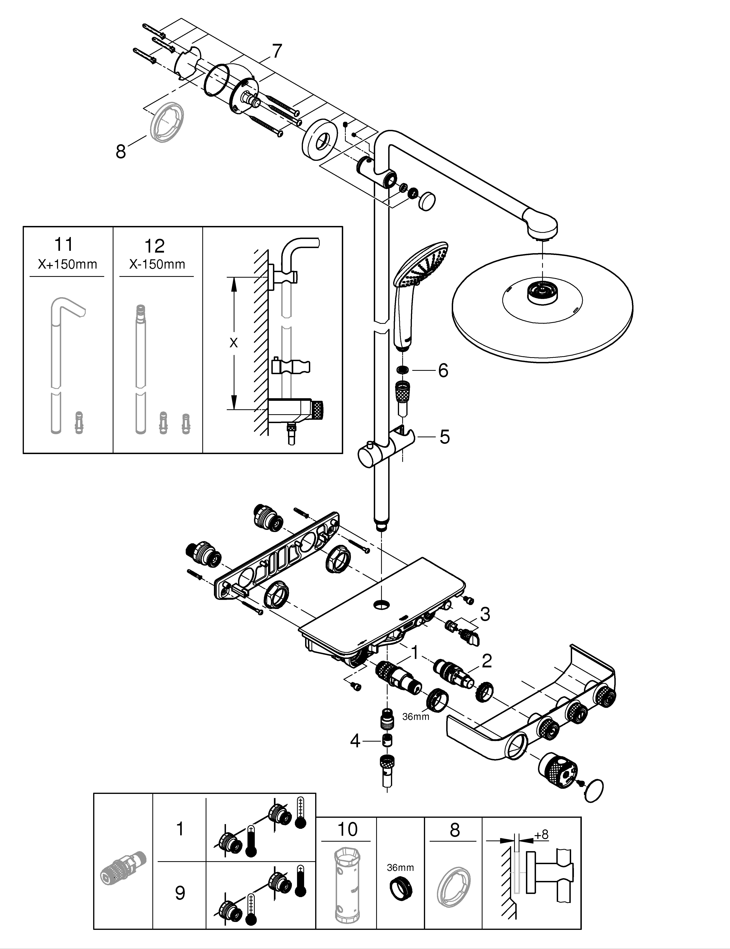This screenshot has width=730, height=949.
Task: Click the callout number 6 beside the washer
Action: tap(443, 371)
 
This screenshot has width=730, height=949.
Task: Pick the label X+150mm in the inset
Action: tap(67, 264)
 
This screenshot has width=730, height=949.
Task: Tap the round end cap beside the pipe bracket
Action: tap(427, 201)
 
